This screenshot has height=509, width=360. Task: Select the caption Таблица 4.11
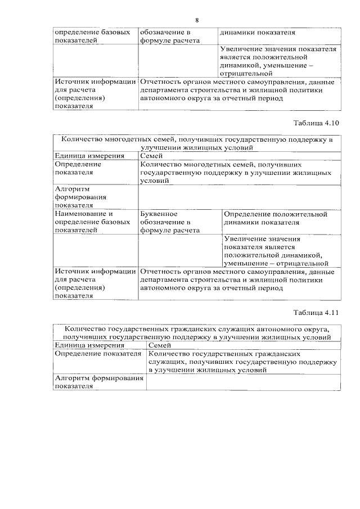pyautogui.click(x=317, y=312)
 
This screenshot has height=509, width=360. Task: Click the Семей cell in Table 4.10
pyautogui.click(x=151, y=156)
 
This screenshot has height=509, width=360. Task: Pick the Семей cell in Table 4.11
pyautogui.click(x=159, y=345)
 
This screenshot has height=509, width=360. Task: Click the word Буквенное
pyautogui.click(x=159, y=214)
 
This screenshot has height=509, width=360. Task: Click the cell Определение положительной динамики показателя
pyautogui.click(x=275, y=218)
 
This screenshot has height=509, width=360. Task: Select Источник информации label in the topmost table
pyautogui.click(x=95, y=82)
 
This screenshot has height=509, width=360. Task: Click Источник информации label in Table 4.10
pyautogui.click(x=95, y=272)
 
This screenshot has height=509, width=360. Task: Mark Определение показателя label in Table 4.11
pyautogui.click(x=97, y=354)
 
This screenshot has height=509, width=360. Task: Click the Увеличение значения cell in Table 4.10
pyautogui.click(x=276, y=250)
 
